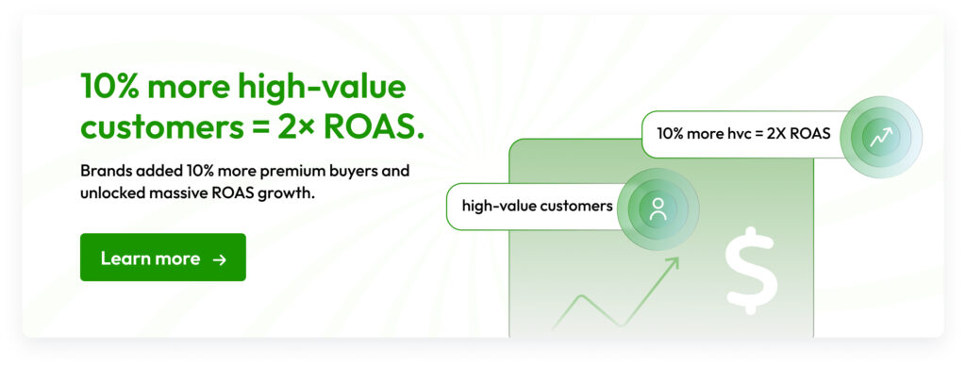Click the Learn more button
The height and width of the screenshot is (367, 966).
click(x=162, y=258)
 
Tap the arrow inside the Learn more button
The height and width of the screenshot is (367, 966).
click(x=219, y=259)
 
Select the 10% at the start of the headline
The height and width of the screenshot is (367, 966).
click(x=110, y=87)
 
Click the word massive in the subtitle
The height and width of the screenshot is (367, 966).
click(x=174, y=192)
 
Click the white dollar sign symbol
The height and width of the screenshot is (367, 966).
click(x=751, y=270)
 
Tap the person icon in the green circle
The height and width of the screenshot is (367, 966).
click(x=658, y=209)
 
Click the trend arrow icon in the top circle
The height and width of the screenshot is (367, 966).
click(x=880, y=137)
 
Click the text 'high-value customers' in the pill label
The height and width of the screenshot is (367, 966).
click(x=537, y=207)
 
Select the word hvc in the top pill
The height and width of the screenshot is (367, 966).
click(x=735, y=133)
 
